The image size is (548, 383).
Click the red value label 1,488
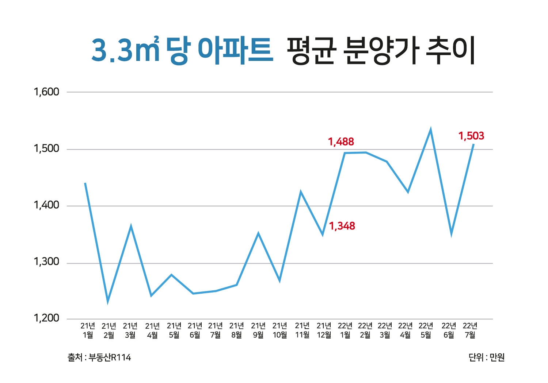tap(341, 142)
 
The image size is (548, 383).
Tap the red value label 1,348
tap(342, 226)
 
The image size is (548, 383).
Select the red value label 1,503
tap(471, 136)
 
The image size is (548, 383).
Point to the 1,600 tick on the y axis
tap(46, 92)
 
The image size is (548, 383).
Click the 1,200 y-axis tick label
tap(46, 318)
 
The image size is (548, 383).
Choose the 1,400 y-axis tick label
tap(46, 205)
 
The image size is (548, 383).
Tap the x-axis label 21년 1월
tap(88, 330)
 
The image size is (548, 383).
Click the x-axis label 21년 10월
tap(279, 330)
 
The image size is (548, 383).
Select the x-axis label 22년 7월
tap(470, 330)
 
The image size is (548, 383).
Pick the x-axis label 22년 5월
tap(426, 330)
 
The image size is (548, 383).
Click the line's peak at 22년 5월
tap(431, 129)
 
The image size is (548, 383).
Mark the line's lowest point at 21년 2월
tap(108, 301)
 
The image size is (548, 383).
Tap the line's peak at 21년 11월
tap(301, 191)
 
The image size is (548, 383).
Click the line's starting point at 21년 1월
tap(85, 183)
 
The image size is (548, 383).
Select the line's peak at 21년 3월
tap(130, 226)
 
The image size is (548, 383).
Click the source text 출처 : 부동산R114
tap(99, 357)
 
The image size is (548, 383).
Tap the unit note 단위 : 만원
tap(486, 357)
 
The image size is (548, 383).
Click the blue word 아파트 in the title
tap(235, 50)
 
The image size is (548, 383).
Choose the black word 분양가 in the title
tap(381, 50)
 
